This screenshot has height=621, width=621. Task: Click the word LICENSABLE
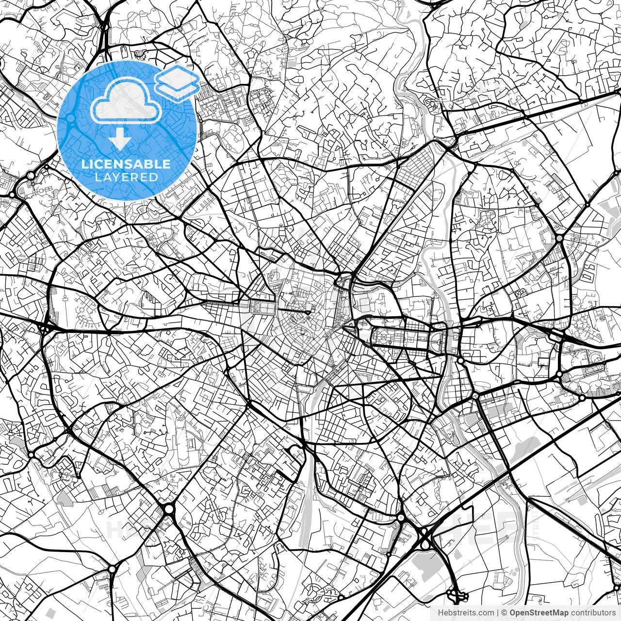click(x=126, y=164)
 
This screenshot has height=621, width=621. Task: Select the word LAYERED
click(x=126, y=177)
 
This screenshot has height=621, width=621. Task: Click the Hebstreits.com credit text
click(x=466, y=613)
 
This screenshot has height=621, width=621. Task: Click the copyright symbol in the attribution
click(x=504, y=613)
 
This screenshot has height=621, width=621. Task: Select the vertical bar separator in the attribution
click(x=498, y=613)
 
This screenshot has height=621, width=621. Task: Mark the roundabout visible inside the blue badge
click(x=71, y=118)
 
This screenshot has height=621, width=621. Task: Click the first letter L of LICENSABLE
click(x=84, y=164)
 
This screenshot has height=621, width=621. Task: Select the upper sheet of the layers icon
click(x=177, y=76)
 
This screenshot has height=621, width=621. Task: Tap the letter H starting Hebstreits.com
click(x=441, y=613)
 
